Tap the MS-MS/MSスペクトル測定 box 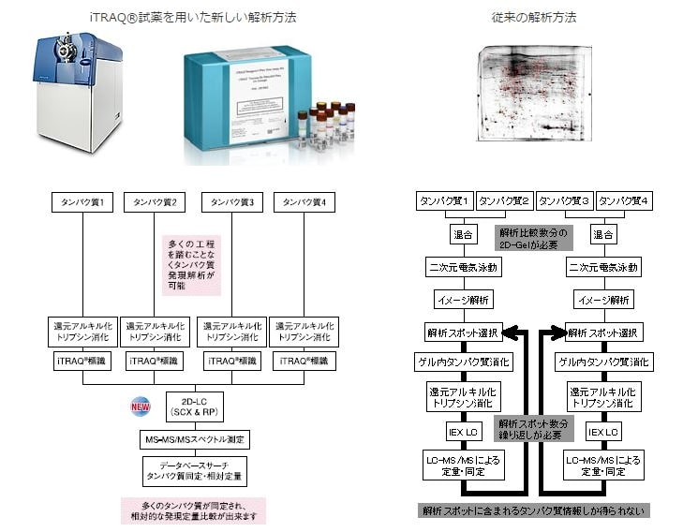194,440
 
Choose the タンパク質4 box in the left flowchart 304,201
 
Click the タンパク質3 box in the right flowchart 565,201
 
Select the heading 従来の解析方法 533,17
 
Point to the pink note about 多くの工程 192,263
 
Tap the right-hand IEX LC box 603,432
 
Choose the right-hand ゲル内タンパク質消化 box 603,362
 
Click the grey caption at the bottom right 533,510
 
